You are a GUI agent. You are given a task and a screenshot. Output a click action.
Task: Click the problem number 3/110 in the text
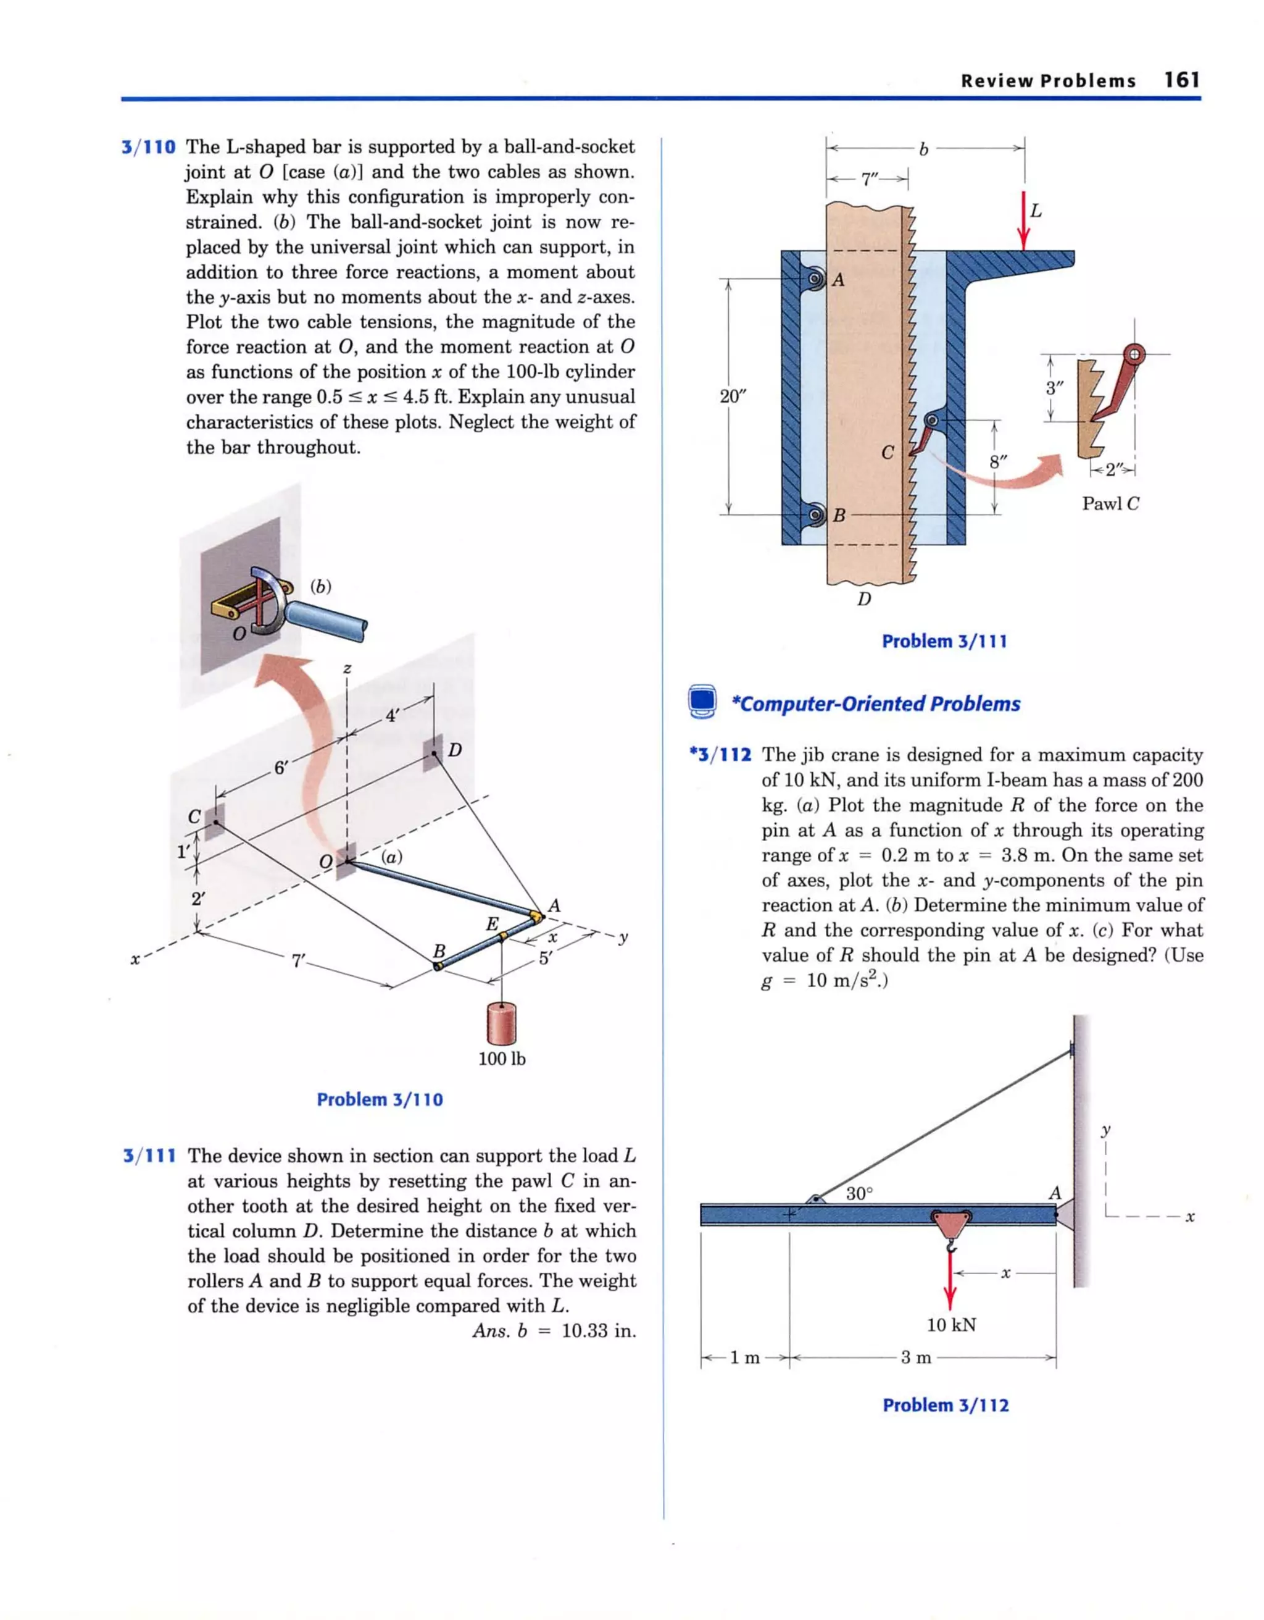(x=149, y=148)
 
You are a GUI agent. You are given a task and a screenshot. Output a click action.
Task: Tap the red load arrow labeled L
(x=1023, y=222)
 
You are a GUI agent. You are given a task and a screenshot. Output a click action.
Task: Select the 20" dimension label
(x=733, y=396)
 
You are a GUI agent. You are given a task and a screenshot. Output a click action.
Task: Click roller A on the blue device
(x=815, y=280)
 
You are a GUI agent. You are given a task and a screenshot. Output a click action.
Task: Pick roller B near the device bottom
(x=815, y=514)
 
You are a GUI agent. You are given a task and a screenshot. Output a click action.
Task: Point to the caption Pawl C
(x=1110, y=503)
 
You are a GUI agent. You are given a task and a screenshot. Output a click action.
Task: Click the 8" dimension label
(x=999, y=462)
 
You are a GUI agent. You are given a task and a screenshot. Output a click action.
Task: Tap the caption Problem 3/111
(x=944, y=642)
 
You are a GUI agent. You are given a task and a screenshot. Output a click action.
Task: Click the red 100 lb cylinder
(x=501, y=1023)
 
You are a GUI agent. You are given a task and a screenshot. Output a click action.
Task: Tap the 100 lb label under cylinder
(x=501, y=1059)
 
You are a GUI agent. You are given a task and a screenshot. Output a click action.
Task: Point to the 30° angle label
(x=860, y=1193)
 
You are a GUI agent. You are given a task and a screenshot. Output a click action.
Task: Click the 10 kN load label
(x=951, y=1325)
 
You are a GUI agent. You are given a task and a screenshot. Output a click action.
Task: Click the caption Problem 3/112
(x=945, y=1406)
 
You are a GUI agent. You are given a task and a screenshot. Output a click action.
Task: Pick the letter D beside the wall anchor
(x=454, y=750)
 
